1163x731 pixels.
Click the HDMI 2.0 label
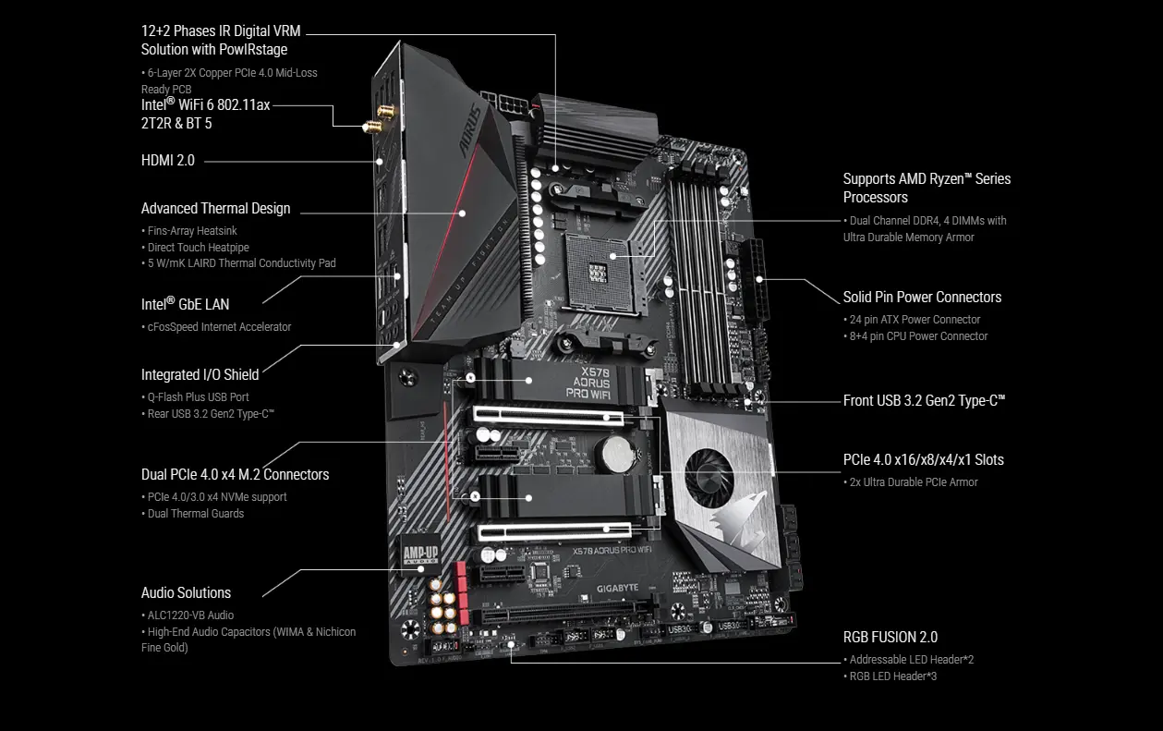click(168, 161)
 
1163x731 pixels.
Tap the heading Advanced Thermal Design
click(215, 209)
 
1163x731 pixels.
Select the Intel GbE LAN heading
click(185, 304)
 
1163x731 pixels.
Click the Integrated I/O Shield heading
click(200, 374)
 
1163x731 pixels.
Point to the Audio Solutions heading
click(186, 593)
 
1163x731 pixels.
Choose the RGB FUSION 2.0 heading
click(890, 637)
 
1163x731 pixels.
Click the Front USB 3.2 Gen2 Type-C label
click(924, 400)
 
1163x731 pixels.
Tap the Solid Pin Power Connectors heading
click(922, 298)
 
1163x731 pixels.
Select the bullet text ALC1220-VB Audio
click(190, 615)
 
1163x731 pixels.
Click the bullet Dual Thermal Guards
click(196, 514)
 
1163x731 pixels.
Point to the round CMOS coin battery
click(611, 452)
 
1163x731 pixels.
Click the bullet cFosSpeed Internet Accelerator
click(219, 327)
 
